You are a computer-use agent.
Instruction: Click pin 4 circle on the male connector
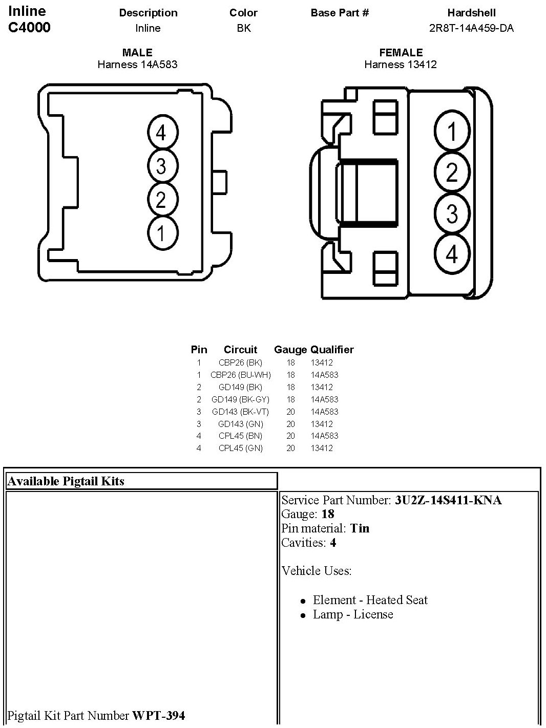pos(161,133)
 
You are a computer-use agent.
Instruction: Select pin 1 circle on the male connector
pos(161,233)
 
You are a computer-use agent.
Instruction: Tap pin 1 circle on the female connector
pos(452,132)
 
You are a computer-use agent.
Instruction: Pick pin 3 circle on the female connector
pos(452,213)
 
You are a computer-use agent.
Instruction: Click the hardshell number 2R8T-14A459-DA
pos(471,28)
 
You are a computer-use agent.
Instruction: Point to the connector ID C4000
pos(30,28)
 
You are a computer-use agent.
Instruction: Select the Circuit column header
pos(240,350)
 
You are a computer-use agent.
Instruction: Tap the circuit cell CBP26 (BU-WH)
pos(240,375)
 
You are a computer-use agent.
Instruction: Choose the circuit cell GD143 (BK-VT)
pos(240,412)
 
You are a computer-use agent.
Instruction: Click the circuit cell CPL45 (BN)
pos(240,436)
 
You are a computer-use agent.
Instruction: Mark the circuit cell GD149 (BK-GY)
pos(240,399)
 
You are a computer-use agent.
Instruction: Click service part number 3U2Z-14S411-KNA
pos(448,500)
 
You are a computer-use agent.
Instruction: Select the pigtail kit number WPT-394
pos(158,715)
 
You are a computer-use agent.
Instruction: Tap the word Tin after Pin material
pos(360,528)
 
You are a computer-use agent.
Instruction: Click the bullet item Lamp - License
pos(353,614)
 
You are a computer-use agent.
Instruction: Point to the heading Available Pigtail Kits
pos(66,481)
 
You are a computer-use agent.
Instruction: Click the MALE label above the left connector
pos(137,52)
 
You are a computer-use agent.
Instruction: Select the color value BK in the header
pos(244,28)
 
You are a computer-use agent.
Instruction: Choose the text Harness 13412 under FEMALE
pos(401,65)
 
